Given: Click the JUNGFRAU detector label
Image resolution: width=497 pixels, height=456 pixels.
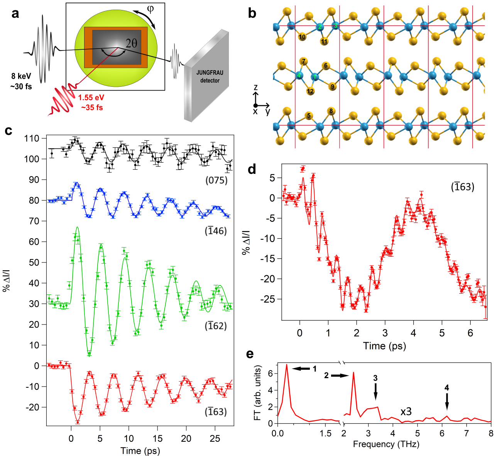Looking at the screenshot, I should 210,76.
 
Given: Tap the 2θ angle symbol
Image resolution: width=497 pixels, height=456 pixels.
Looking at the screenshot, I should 131,43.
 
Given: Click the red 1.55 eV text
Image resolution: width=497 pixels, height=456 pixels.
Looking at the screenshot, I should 91,98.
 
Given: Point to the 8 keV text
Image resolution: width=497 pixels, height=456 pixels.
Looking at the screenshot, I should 21,76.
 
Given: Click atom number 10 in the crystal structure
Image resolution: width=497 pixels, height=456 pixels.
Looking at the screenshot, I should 302,37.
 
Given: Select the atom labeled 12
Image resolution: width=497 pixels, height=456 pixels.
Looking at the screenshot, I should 310,91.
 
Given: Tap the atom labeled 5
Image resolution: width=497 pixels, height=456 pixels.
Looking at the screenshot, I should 309,116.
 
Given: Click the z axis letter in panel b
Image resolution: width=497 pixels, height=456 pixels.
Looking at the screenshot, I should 255,88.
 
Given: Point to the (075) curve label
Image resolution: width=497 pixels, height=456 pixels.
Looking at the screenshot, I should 216,180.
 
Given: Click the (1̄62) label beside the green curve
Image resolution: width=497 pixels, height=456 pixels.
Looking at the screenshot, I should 216,326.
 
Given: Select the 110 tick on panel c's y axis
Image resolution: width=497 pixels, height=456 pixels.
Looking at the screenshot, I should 32,138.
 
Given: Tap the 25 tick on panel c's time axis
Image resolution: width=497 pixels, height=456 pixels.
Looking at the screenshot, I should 215,438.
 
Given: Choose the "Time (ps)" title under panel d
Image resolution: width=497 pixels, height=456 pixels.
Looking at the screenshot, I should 384,346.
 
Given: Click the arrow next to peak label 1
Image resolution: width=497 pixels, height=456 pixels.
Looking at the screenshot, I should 301,369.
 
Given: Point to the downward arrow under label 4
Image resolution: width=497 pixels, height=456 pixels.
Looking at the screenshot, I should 447,402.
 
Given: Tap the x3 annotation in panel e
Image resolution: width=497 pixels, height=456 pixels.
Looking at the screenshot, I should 406,412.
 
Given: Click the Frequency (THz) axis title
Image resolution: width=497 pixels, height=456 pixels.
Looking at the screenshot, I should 386,444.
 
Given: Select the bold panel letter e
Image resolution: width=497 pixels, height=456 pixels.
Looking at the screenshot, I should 250,354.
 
